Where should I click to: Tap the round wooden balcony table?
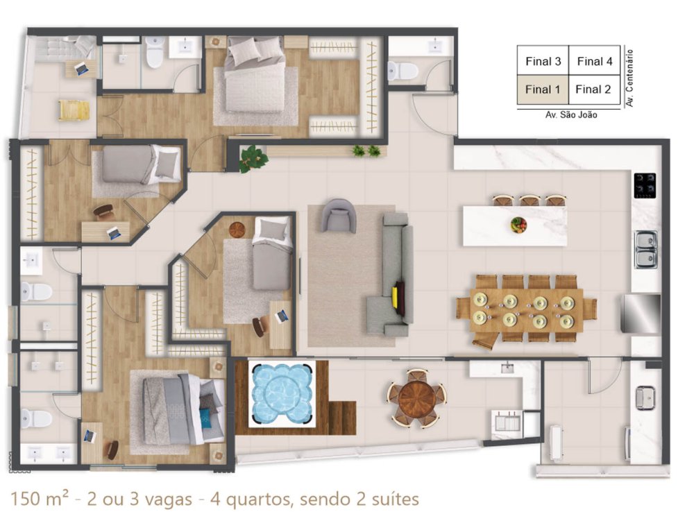click(416, 398)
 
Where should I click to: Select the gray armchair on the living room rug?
click(339, 216)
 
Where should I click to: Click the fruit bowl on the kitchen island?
click(518, 224)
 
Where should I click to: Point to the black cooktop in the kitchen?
click(645, 185)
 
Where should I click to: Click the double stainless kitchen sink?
click(646, 250)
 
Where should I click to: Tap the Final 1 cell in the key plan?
click(543, 89)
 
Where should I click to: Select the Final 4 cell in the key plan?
click(595, 61)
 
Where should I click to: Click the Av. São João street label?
click(571, 115)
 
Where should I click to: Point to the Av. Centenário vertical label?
click(629, 78)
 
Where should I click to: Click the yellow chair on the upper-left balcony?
click(74, 110)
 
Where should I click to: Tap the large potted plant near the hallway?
click(253, 158)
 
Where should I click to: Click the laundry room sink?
click(645, 397)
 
